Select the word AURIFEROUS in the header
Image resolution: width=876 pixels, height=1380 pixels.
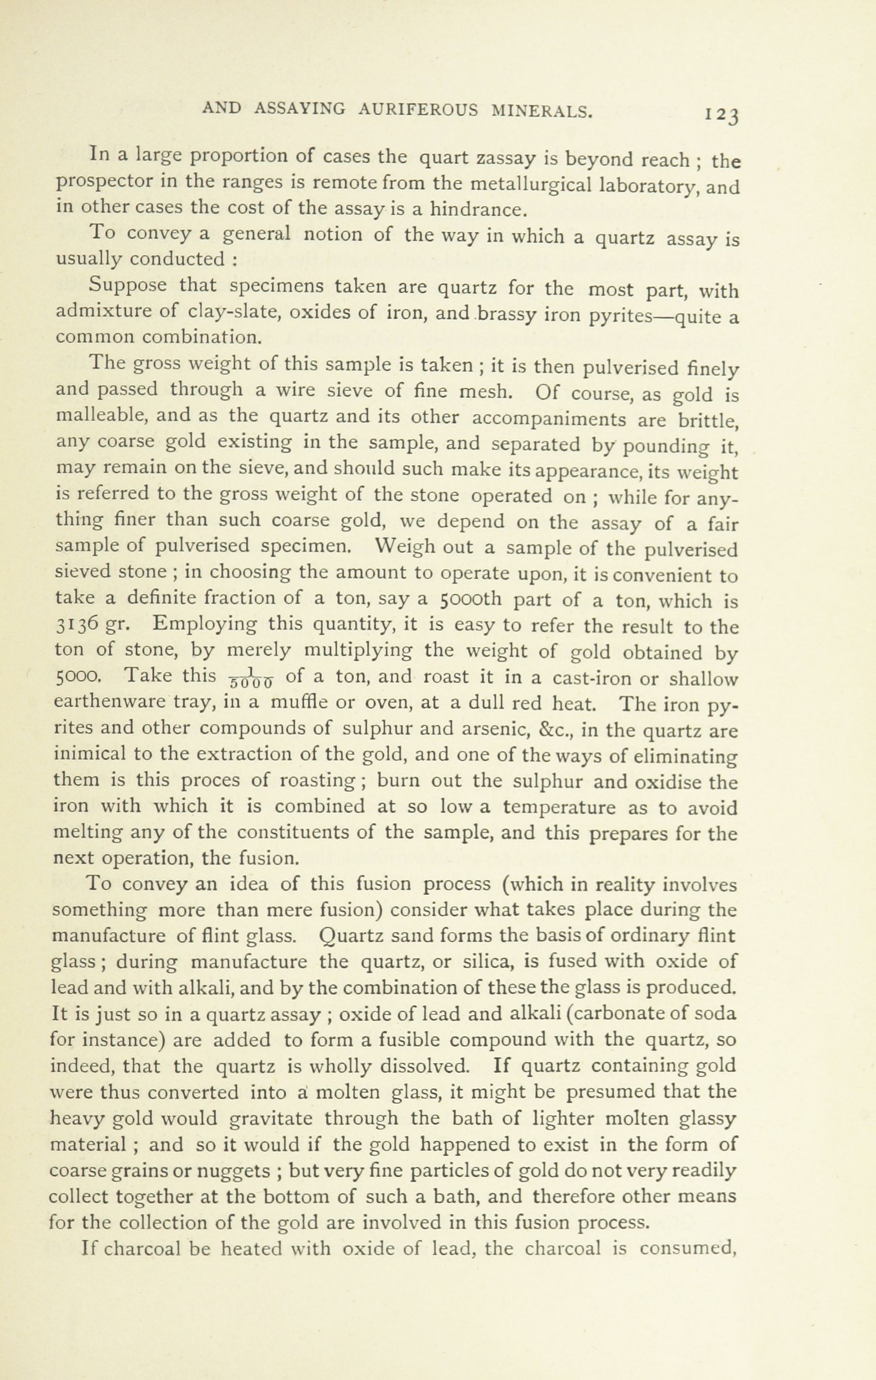pyautogui.click(x=418, y=110)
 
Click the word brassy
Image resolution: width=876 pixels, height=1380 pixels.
pyautogui.click(x=509, y=313)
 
